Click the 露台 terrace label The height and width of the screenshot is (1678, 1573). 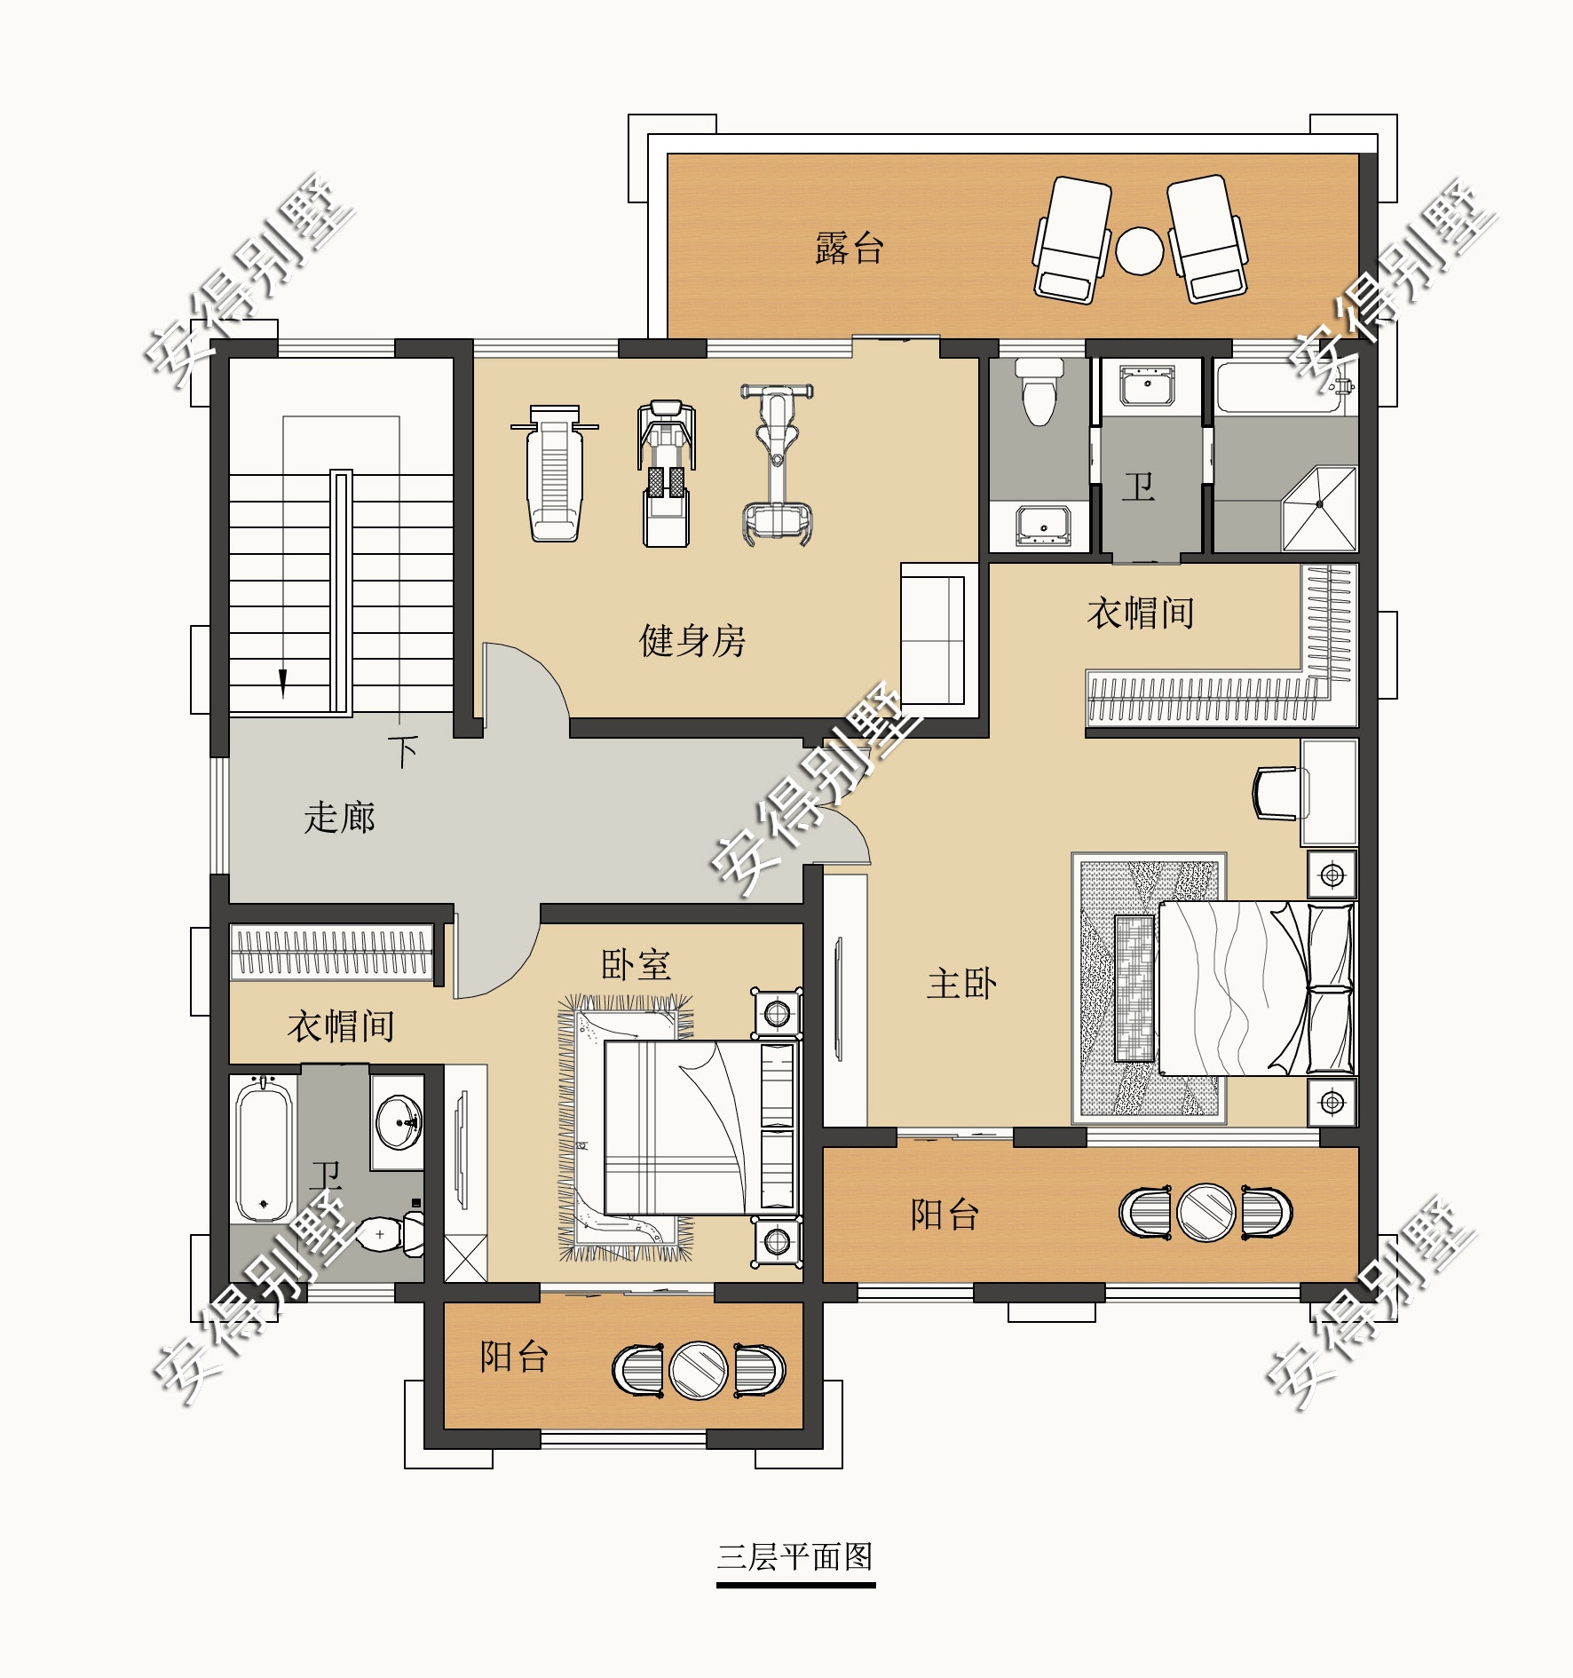pos(850,248)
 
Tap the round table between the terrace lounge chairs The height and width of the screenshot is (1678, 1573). pos(1139,251)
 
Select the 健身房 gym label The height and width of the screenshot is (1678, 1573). pos(692,640)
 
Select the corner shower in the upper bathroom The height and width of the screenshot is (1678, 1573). pos(1319,509)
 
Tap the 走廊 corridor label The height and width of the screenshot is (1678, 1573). pos(340,817)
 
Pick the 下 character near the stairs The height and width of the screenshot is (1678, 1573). pos(404,751)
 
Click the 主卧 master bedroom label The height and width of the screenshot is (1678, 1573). pos(961,983)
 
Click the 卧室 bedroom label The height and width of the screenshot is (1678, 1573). pos(636,965)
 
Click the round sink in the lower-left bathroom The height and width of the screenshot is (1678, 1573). pos(399,1121)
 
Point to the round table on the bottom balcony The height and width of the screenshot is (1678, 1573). pos(699,1370)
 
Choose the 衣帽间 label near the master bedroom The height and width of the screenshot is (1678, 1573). pos(1141,613)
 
